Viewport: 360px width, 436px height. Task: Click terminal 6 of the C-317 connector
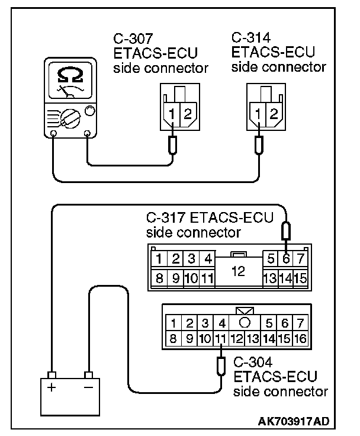coord(286,258)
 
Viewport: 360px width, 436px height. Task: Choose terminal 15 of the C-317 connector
coord(301,277)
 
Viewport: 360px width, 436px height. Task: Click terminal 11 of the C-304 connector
coord(220,339)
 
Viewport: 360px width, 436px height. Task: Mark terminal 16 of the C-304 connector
coord(301,339)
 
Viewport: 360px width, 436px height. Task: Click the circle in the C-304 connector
coord(245,323)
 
